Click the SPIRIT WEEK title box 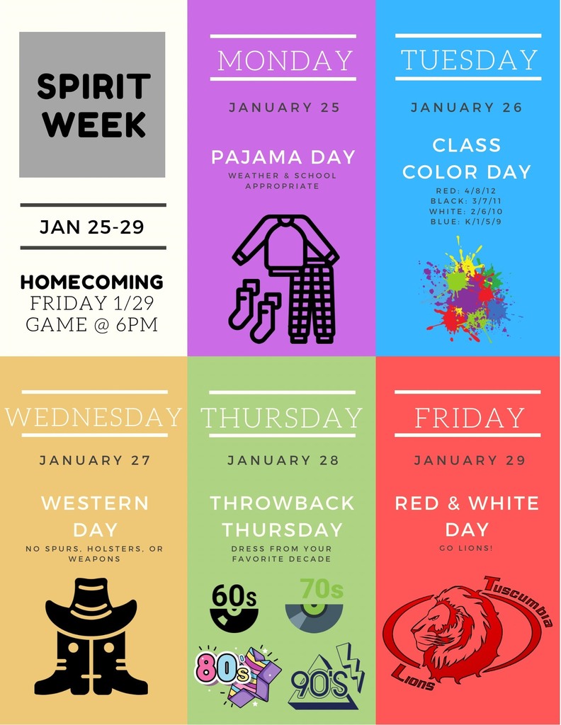pos(92,105)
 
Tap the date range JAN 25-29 pos(92,227)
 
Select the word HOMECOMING pos(92,282)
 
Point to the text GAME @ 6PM pos(92,324)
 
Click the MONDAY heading pos(285,61)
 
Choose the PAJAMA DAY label pos(283,157)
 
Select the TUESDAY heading pos(468,60)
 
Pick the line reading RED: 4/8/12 pos(465,190)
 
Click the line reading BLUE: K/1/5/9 pos(465,222)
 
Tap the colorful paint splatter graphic pos(468,290)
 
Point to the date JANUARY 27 pos(95,460)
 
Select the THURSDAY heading pos(282,418)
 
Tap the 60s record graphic pos(234,607)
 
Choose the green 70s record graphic pos(315,606)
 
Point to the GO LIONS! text pos(466,549)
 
